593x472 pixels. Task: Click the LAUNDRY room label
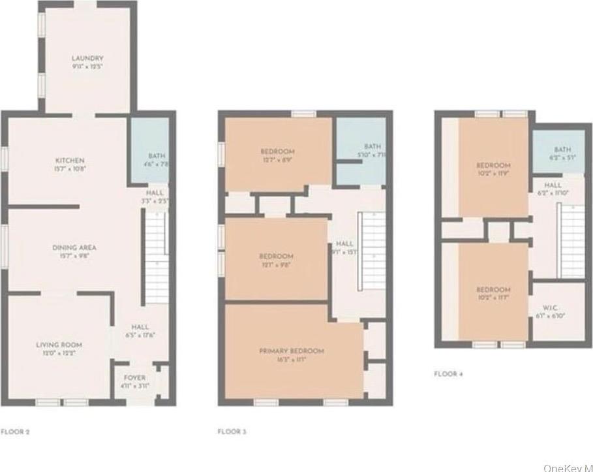tap(87, 59)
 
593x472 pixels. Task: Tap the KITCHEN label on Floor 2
tap(69, 161)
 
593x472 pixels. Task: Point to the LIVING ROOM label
tap(59, 344)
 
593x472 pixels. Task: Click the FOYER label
tap(134, 378)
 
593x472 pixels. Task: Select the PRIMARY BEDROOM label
tap(292, 351)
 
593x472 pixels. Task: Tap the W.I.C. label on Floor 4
tap(549, 307)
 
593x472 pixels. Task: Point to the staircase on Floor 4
tap(572, 232)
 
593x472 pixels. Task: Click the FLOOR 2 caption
tap(15, 432)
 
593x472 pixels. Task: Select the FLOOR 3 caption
tap(232, 432)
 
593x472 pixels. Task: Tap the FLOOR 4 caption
tap(449, 374)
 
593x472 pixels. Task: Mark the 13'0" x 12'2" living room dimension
tap(59, 353)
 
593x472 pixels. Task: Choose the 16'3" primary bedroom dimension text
tap(291, 360)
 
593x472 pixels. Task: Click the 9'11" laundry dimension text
tap(87, 67)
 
